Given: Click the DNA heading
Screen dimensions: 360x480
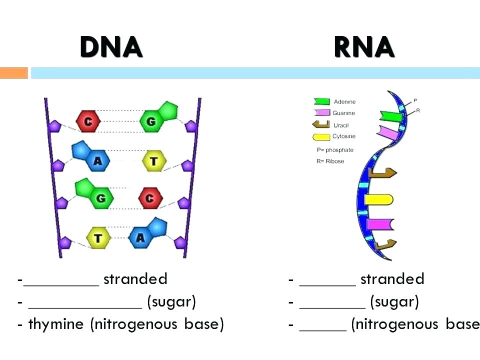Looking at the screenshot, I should point(111,47).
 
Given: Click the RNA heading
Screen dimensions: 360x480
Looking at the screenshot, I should point(364,47).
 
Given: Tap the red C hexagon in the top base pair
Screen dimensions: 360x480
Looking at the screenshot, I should point(88,121).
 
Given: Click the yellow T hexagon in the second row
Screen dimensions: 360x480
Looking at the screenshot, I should point(154,161).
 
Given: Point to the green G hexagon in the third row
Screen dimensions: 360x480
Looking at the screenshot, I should point(101,198).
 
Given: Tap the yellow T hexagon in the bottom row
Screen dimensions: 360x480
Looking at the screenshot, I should point(98,238).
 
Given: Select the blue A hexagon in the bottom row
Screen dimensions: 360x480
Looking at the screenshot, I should point(140,238).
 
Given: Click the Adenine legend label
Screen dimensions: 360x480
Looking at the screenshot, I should point(344,102).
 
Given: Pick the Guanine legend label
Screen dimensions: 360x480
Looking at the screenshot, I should point(343,113).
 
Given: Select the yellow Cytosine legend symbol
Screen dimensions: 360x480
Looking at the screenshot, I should point(321,136).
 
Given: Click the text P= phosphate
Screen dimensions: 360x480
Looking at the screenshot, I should point(334,150).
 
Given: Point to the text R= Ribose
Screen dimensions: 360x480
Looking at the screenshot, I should point(330,161).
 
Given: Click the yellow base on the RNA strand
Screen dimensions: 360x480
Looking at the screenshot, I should point(378,199).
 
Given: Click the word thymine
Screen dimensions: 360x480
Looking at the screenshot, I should point(55,324).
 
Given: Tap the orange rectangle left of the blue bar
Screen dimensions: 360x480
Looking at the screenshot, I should point(13,73).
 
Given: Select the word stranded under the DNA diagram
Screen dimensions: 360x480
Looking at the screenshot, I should point(135,279).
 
